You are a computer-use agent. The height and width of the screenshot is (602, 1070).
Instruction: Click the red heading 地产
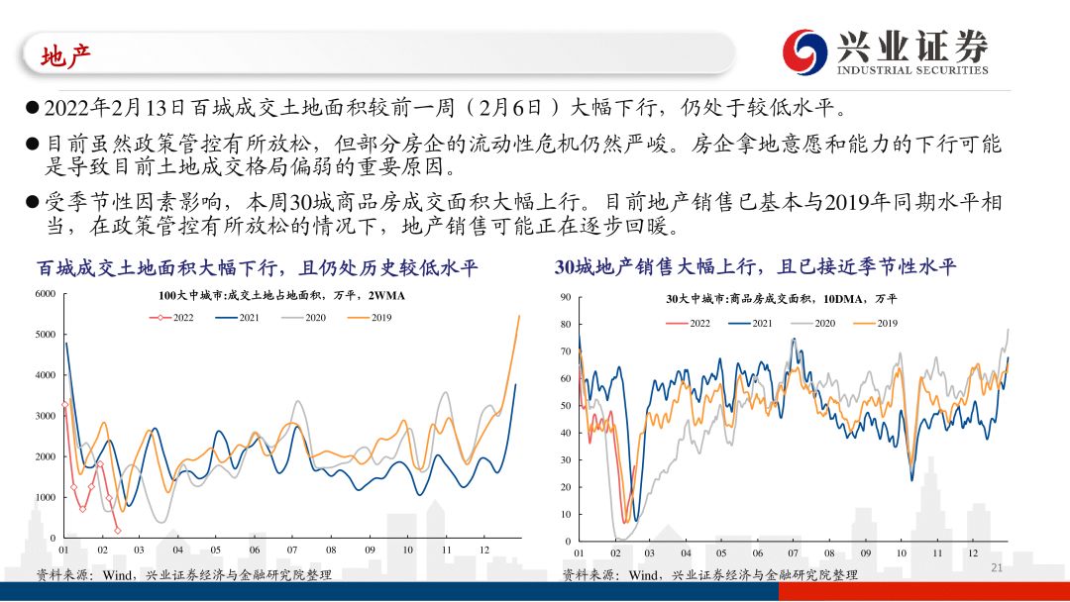[65, 56]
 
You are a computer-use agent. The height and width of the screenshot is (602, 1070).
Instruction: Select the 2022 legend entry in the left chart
[171, 318]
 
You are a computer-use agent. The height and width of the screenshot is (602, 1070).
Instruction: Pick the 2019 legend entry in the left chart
[370, 318]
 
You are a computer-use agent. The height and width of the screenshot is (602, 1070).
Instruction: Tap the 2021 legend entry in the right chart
[750, 323]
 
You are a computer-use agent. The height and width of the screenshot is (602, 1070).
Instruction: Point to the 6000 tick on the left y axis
[45, 294]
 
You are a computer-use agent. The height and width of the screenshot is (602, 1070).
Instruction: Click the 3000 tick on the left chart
[45, 416]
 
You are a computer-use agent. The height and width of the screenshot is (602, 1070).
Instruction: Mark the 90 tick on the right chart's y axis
[566, 297]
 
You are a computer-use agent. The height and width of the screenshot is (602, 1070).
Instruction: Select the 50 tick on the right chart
[566, 406]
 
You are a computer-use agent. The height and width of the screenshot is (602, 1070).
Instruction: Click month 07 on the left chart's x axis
[292, 550]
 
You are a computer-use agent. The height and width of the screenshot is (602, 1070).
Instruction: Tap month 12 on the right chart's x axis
[973, 552]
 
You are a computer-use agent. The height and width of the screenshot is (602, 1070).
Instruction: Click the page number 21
[997, 568]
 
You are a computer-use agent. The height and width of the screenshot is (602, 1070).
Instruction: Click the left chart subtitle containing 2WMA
[281, 296]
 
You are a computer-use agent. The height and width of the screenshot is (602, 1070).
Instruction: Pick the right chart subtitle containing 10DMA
[782, 299]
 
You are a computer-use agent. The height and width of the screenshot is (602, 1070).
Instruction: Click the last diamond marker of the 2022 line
[118, 531]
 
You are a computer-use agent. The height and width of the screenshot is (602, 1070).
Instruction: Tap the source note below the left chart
[183, 574]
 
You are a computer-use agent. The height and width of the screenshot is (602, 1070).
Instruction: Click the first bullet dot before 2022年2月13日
[32, 107]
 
